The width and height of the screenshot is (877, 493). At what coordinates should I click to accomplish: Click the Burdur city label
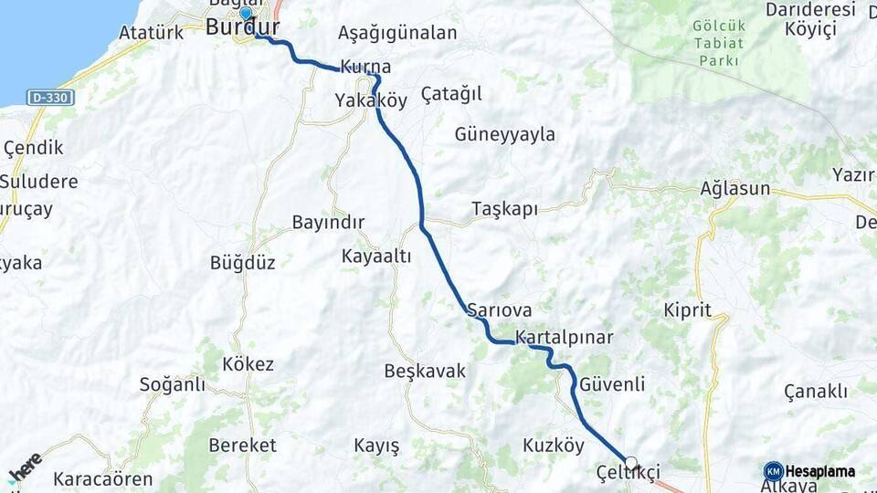pos(242,27)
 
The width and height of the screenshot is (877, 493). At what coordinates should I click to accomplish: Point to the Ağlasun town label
pos(734,189)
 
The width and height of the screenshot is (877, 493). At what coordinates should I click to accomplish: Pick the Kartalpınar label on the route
pos(564,338)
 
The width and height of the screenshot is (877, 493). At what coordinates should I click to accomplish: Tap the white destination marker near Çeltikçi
pos(630,463)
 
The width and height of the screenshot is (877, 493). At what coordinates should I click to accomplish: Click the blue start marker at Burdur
pos(246,14)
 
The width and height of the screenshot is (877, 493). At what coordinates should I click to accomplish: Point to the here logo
pos(25,468)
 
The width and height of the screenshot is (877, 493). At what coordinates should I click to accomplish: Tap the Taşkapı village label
pos(504,208)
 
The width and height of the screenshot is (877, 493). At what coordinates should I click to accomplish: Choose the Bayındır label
pos(328,222)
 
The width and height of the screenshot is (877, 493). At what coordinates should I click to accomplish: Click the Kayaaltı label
pos(376,257)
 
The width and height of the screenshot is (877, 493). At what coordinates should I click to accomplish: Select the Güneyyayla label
pos(504,134)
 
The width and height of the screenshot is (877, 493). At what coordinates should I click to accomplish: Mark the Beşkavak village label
pos(425,372)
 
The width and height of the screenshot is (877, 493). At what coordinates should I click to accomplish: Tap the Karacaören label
pos(102,478)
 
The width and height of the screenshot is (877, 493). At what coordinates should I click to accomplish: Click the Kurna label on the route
pos(365,67)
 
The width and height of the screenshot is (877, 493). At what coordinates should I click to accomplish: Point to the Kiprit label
pos(688,310)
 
